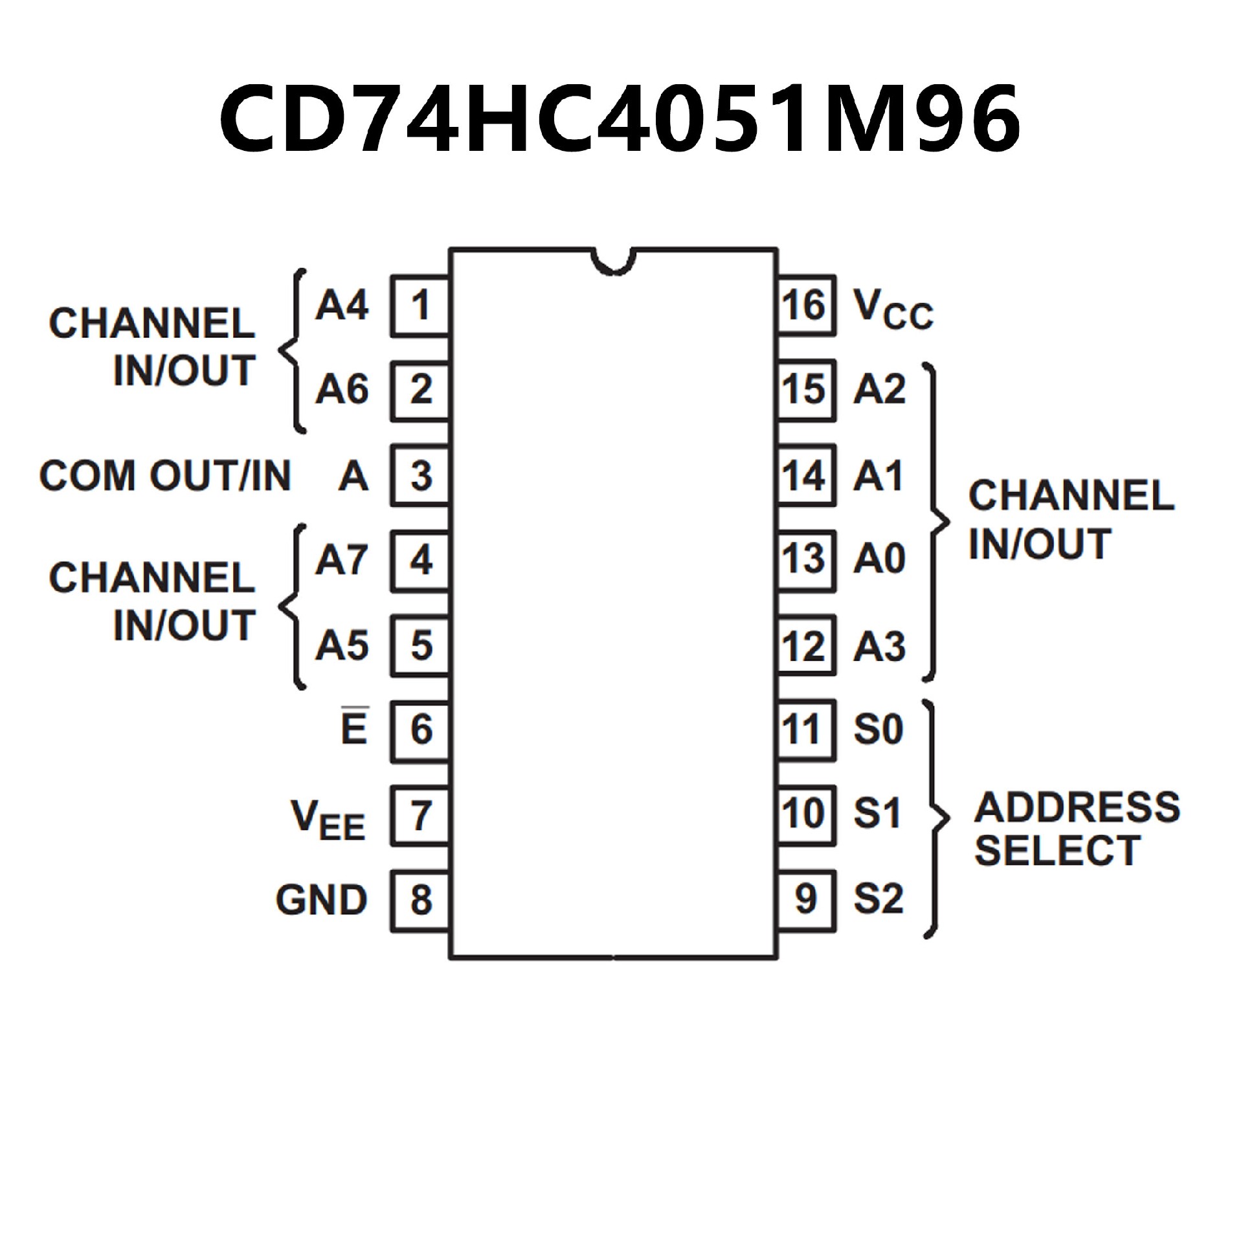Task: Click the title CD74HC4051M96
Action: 620,118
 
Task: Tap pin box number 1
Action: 420,306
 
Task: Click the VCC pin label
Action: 893,309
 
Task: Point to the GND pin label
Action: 322,900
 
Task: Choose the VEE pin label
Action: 328,819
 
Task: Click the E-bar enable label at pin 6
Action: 354,728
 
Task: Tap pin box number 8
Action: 420,900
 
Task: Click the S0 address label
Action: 878,729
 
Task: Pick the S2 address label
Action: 878,899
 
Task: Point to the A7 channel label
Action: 342,559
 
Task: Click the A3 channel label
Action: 879,646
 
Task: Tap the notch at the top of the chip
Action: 613,260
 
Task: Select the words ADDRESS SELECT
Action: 1077,829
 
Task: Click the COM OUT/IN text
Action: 165,476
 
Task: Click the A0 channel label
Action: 879,559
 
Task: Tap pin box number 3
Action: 420,476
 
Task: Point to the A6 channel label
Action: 342,390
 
